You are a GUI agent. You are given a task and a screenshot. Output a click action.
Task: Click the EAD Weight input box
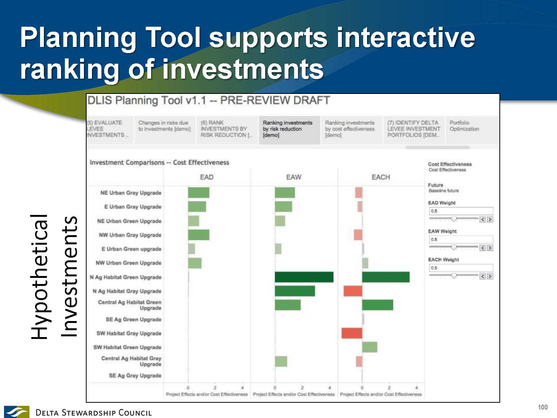click(461, 211)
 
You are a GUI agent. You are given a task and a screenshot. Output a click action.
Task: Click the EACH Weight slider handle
click(454, 276)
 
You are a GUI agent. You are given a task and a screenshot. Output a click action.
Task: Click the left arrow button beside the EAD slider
click(482, 219)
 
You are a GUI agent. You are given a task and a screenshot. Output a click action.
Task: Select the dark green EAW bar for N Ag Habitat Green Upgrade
click(304, 277)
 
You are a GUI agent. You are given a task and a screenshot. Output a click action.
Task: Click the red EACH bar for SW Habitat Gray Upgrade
click(352, 333)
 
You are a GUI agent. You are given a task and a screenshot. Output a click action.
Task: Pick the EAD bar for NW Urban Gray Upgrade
click(199, 235)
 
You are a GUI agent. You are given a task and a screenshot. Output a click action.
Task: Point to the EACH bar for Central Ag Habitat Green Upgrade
click(378, 305)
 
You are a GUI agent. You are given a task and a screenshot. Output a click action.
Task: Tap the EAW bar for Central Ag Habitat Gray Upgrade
click(281, 362)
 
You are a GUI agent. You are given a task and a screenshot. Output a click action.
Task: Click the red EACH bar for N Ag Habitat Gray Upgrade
click(353, 291)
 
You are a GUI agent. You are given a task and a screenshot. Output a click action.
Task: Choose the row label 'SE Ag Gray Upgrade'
click(135, 375)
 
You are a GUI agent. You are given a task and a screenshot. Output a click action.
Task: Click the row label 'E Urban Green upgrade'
click(132, 249)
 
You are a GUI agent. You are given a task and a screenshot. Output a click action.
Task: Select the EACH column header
click(381, 177)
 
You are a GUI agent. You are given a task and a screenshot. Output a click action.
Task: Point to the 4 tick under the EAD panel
click(242, 387)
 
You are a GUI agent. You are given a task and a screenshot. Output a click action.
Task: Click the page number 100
click(543, 407)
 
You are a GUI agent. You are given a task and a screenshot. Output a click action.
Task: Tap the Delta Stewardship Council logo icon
click(16, 412)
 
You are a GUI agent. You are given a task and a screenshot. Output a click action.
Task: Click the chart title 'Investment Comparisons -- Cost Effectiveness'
click(159, 163)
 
